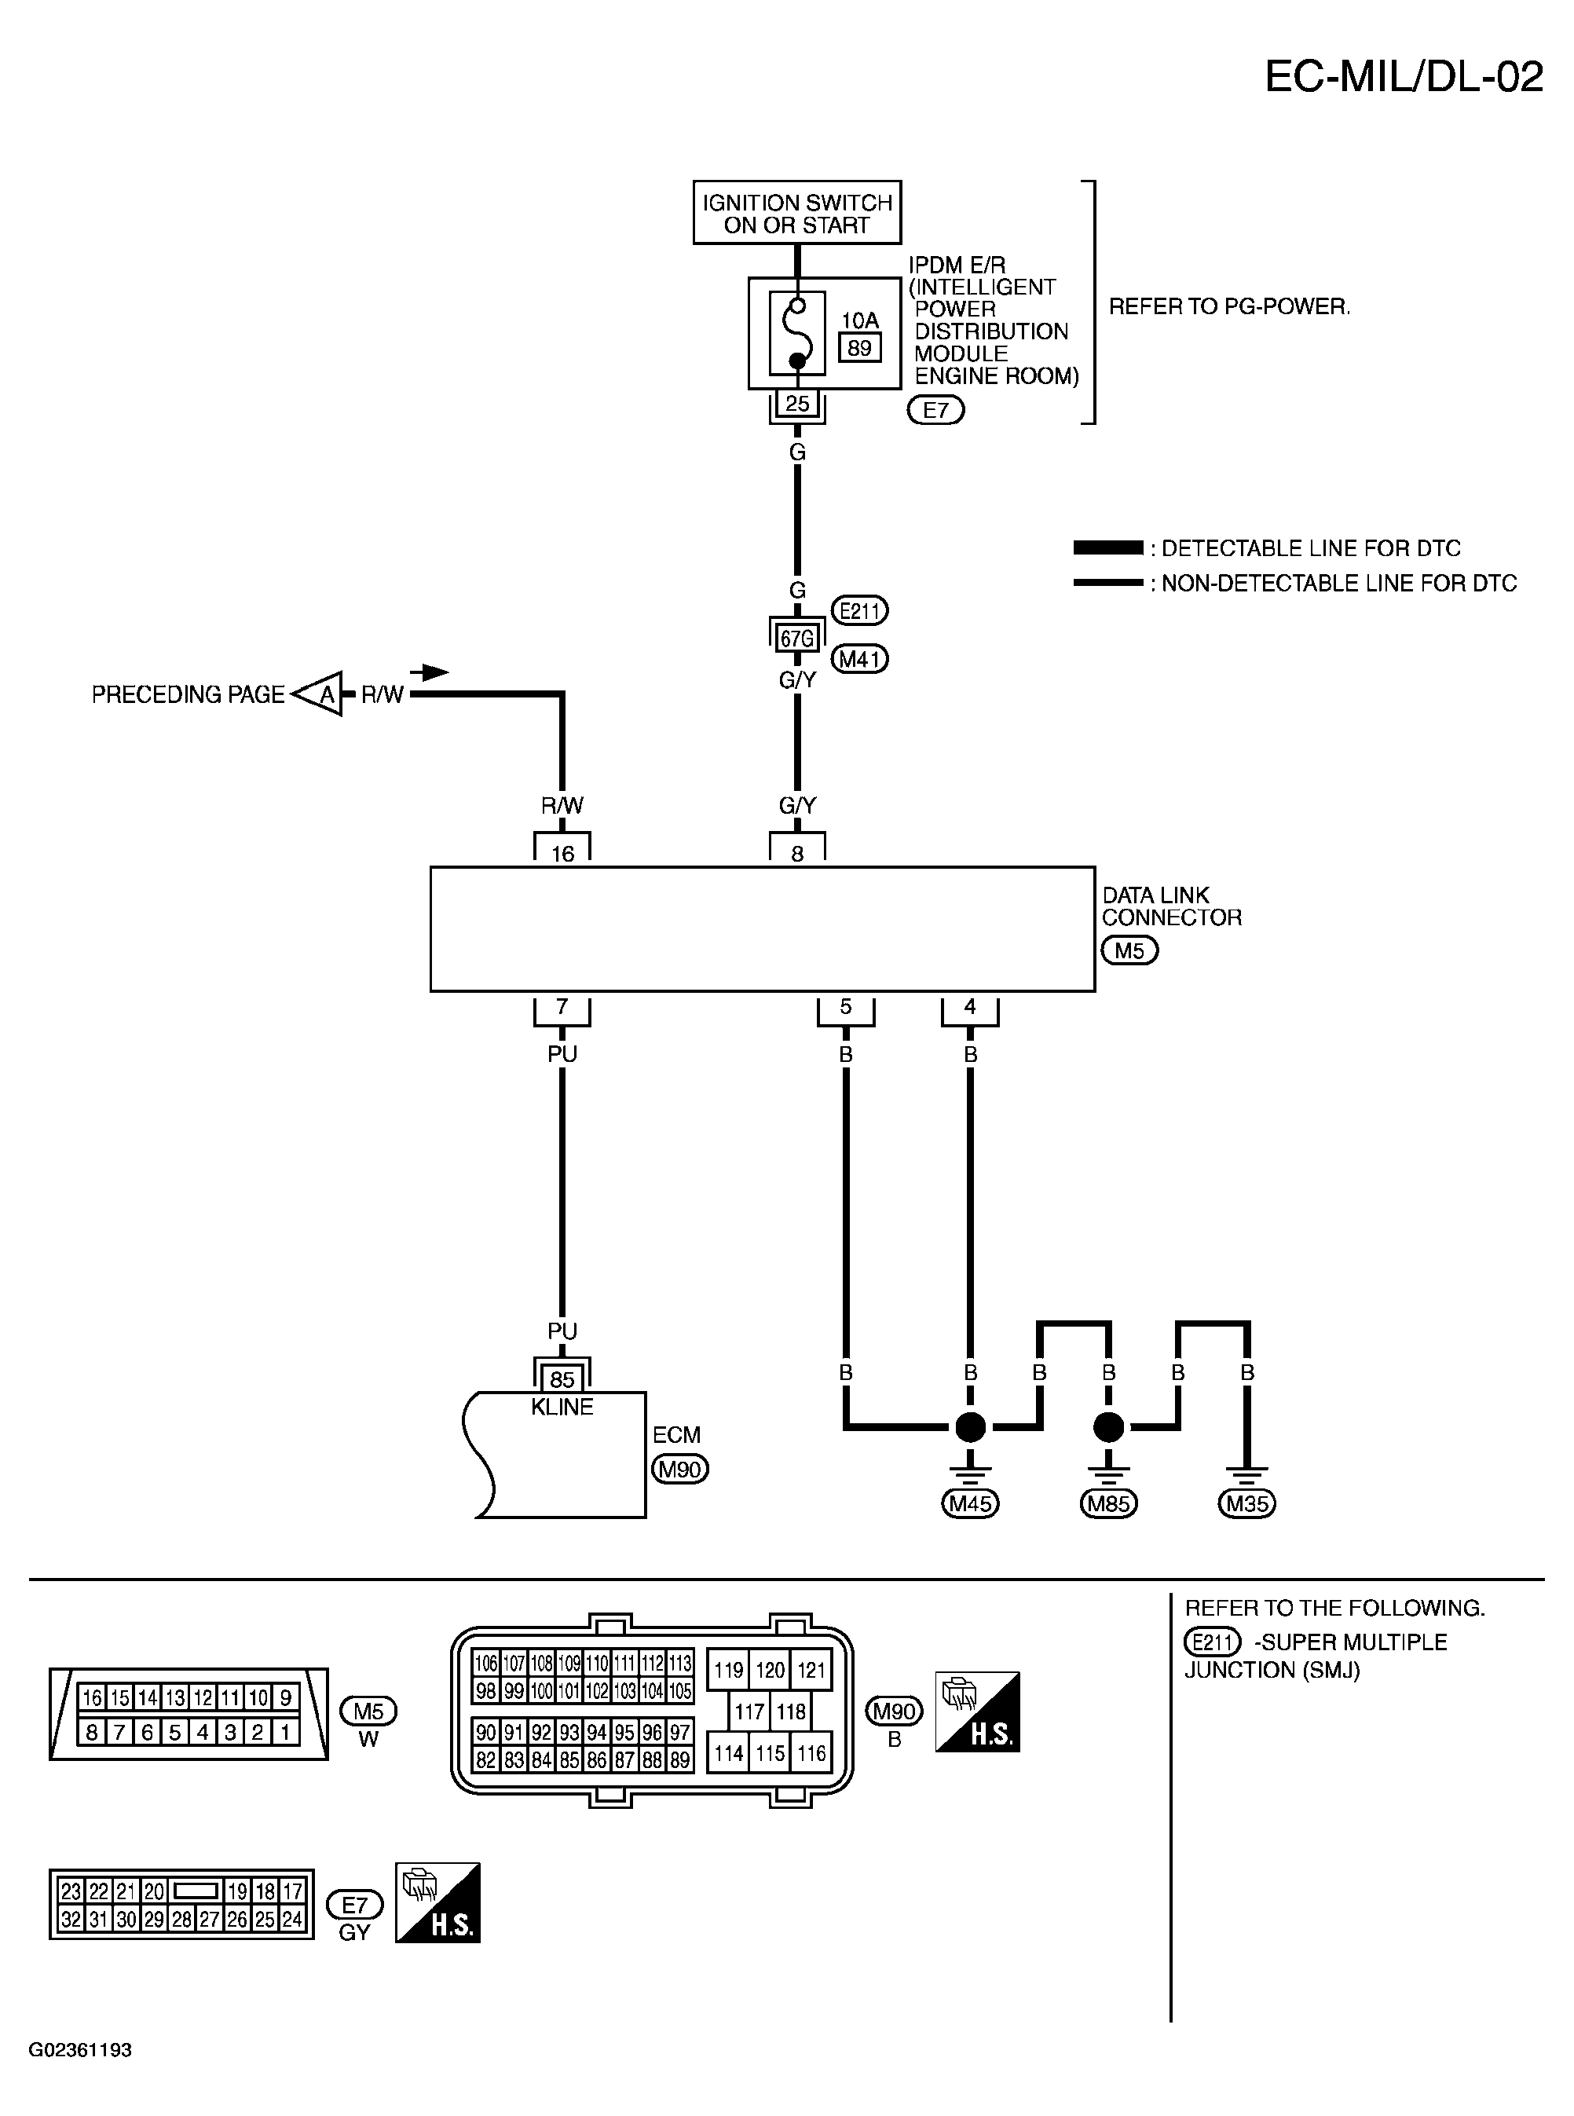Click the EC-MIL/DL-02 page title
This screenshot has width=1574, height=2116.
tap(1404, 77)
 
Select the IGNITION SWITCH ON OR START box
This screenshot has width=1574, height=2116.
tap(796, 212)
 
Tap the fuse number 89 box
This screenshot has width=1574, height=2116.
tap(859, 348)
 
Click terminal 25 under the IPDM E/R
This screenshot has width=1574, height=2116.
tap(797, 404)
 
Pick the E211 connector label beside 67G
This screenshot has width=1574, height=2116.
tap(858, 611)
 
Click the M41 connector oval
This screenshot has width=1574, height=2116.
tap(859, 659)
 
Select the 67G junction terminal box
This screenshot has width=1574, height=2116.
tap(796, 637)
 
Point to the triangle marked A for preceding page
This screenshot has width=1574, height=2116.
tap(319, 694)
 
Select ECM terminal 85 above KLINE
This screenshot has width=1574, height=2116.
tap(562, 1378)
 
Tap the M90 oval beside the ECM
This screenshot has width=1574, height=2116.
tap(680, 1469)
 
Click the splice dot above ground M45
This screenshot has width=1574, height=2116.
tap(970, 1426)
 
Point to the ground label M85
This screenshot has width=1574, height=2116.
tap(1109, 1503)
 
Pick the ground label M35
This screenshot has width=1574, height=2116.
tap(1247, 1503)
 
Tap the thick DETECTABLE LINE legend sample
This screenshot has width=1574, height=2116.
tap(1108, 547)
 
